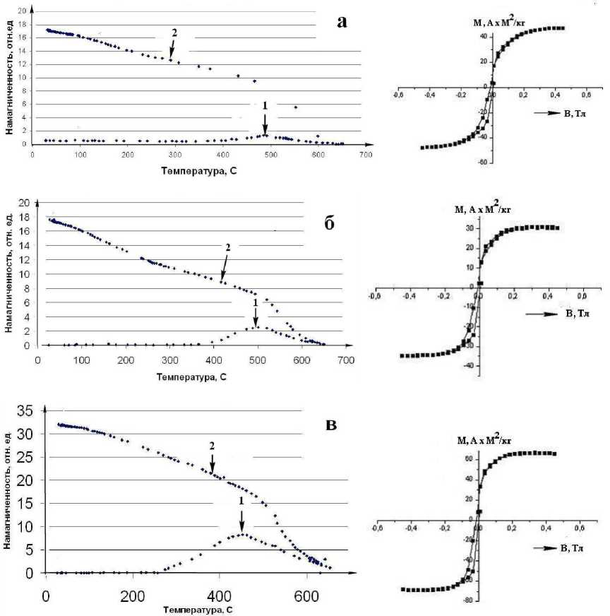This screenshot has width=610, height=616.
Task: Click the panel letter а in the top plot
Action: pos(343,22)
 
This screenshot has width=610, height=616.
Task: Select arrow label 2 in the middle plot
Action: pos(227,248)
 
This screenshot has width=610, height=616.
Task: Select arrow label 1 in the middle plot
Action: pos(255,302)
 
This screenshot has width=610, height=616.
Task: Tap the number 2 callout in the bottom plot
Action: pos(211,446)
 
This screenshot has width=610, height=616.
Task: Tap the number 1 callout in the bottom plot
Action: pos(241,500)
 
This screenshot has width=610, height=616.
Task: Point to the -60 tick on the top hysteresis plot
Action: pos(483,162)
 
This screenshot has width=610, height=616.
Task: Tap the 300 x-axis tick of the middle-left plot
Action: pos(213,360)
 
